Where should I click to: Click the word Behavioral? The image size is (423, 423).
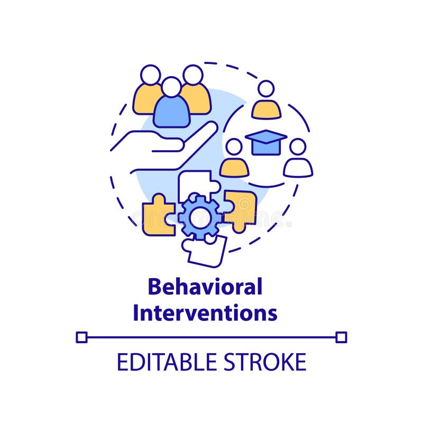pos(205,287)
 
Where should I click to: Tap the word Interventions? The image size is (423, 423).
pos(205,312)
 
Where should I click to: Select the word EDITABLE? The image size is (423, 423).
pos(162,362)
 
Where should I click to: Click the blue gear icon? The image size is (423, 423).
pos(199,216)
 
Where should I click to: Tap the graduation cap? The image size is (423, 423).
pos(265,142)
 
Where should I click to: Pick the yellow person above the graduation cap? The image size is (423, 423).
pos(266,103)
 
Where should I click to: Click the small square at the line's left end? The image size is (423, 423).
pos(81,337)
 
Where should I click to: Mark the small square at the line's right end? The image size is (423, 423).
pos(342,337)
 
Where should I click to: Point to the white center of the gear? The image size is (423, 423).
pos(199,217)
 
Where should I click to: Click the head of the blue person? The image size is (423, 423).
pos(171,87)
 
